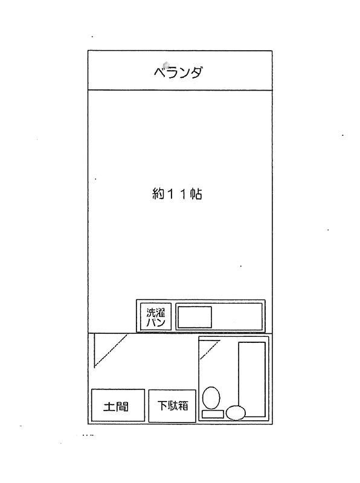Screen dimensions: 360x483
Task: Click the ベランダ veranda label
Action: (178, 72)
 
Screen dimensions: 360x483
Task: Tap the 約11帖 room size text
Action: (177, 194)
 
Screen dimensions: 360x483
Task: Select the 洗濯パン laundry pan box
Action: (156, 316)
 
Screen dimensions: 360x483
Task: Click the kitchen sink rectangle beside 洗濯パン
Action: (194, 316)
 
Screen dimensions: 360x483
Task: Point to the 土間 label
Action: (116, 406)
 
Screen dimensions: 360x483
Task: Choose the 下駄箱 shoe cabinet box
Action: (172, 406)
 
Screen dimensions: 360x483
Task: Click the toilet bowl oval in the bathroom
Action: (211, 398)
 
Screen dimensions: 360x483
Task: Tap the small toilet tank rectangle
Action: (213, 414)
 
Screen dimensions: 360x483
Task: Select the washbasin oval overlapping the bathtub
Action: (236, 413)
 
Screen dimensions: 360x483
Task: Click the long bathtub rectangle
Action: (252, 379)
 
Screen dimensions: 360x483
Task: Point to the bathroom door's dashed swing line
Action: (210, 350)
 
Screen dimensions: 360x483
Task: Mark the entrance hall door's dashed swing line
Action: (111, 351)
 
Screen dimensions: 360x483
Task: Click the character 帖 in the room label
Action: (196, 194)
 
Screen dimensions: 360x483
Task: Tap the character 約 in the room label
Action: (158, 194)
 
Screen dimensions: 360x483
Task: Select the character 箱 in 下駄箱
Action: (183, 406)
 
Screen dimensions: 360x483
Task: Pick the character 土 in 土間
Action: (109, 406)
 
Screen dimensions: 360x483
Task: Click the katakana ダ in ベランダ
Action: (196, 72)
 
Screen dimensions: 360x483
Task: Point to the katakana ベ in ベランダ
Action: (159, 72)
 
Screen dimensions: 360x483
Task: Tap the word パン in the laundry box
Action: (156, 322)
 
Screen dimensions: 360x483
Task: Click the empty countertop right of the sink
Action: (237, 316)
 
